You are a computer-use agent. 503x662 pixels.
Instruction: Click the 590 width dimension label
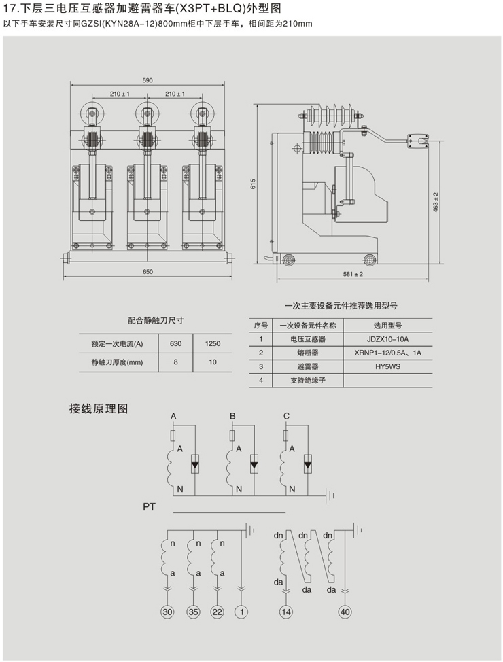click(148, 80)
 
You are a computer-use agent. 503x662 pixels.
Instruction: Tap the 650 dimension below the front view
click(148, 271)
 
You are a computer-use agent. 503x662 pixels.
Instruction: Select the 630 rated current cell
click(175, 343)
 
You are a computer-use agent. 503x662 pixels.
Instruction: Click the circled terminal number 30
click(168, 612)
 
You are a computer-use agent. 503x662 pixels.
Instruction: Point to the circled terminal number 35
click(193, 612)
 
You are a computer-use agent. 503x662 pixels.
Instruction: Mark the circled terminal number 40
click(345, 612)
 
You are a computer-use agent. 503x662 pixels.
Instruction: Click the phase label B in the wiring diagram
click(232, 415)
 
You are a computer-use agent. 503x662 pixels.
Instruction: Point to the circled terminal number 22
click(217, 612)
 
